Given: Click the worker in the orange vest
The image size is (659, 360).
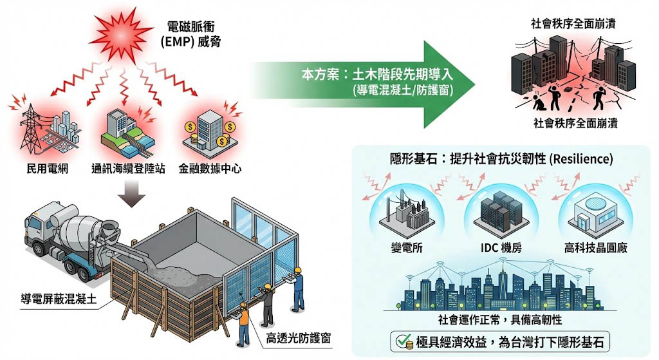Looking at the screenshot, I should [x=244, y=323].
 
